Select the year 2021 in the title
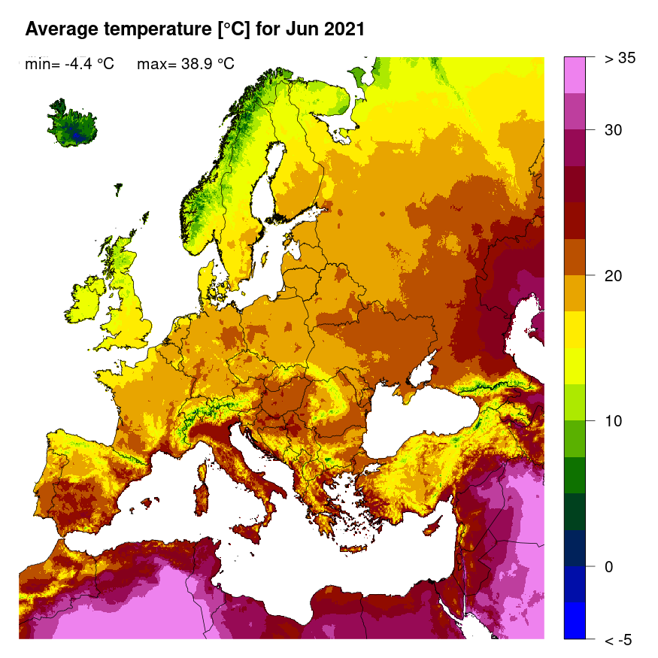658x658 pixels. tap(344, 29)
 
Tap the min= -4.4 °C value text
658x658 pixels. tap(69, 64)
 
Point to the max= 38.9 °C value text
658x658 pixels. tap(186, 64)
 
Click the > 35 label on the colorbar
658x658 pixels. tap(620, 59)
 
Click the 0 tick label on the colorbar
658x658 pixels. tap(608, 566)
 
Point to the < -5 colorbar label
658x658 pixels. tap(618, 640)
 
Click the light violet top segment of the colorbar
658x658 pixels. tap(575, 74)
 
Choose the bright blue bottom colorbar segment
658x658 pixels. tap(575, 620)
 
